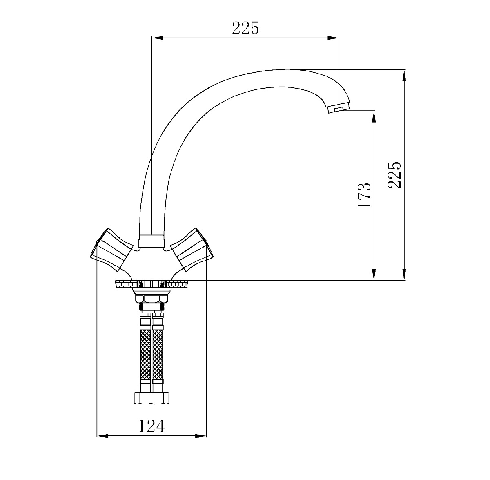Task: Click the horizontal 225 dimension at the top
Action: coord(245,28)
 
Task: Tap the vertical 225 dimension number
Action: coord(394,175)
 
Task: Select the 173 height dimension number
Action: coord(364,195)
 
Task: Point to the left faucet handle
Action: coord(112,250)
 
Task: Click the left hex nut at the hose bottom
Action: coord(143,398)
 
